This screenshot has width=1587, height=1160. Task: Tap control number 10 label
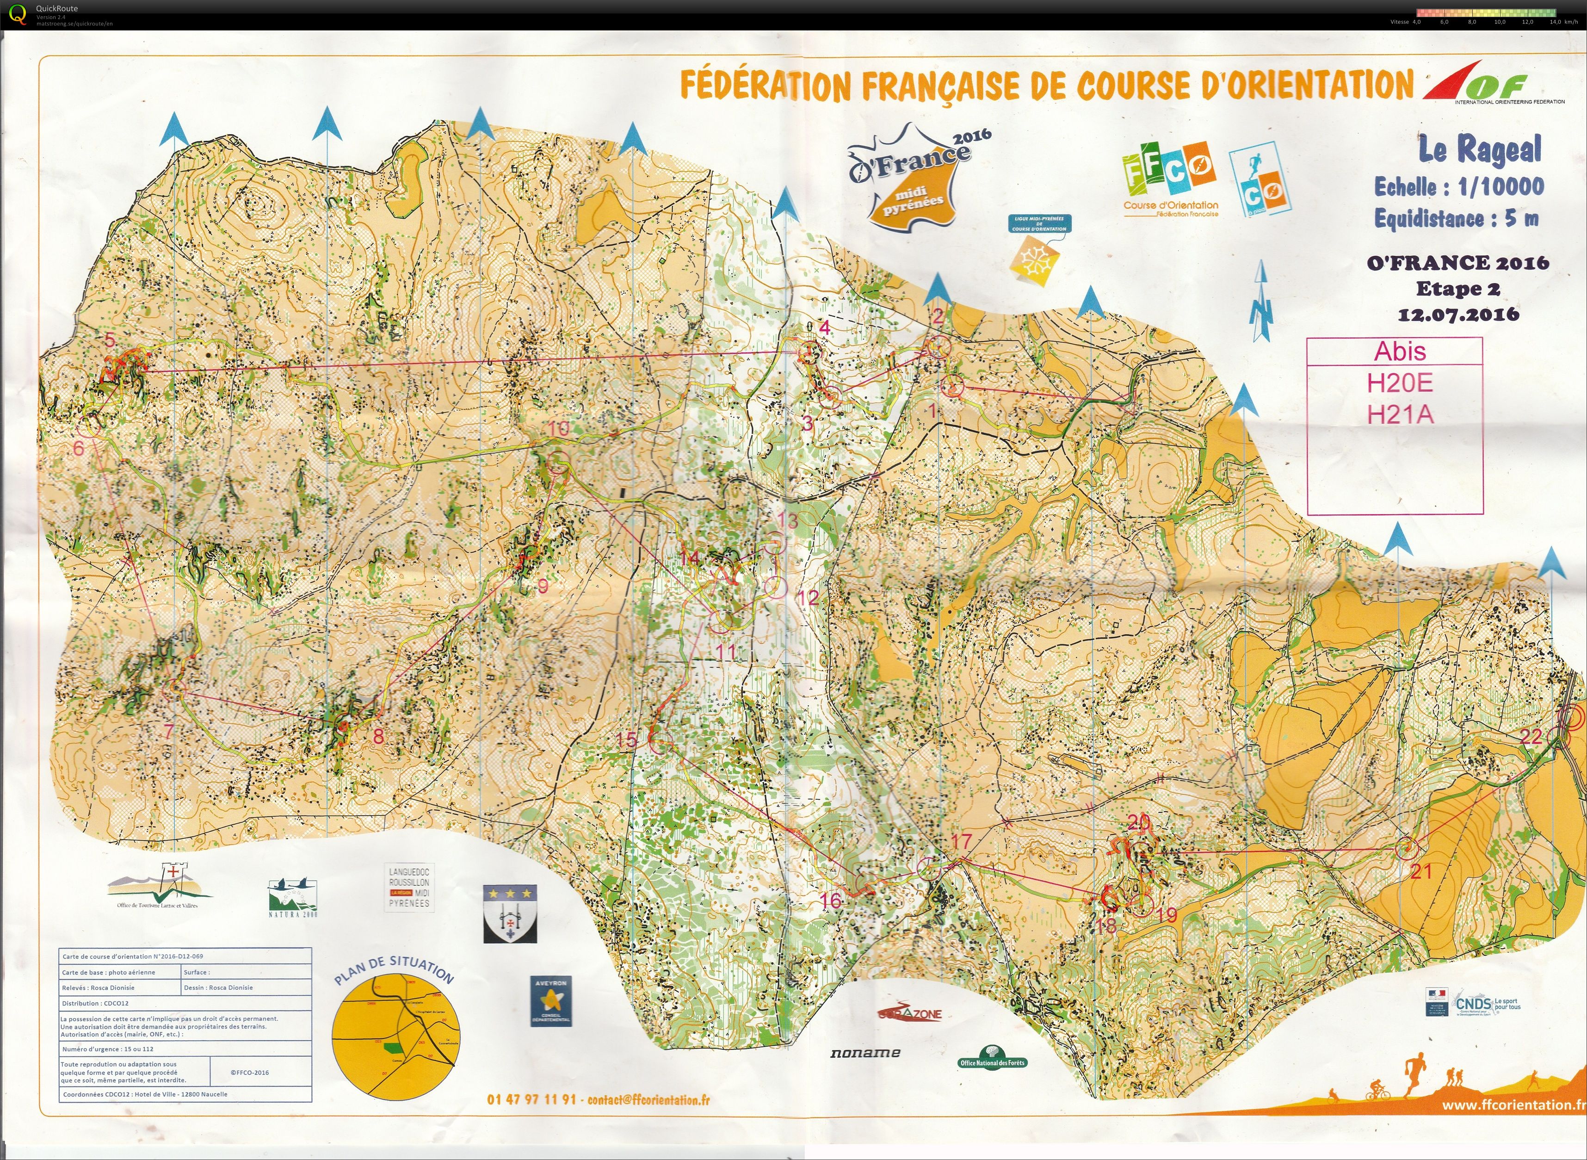tap(559, 428)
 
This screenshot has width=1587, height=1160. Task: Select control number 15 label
tap(626, 740)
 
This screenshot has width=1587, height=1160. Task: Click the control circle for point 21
tap(1406, 848)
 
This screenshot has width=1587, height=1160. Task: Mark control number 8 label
tap(378, 736)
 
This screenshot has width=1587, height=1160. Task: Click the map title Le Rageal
tap(1480, 149)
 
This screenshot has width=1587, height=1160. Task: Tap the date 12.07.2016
tap(1458, 314)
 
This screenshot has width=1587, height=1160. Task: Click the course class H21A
tap(1400, 415)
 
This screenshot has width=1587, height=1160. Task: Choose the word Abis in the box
tap(1400, 351)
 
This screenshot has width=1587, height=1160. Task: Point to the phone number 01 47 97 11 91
tap(531, 1099)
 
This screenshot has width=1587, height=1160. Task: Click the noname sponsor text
tap(865, 1053)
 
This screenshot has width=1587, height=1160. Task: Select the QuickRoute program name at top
tap(57, 8)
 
